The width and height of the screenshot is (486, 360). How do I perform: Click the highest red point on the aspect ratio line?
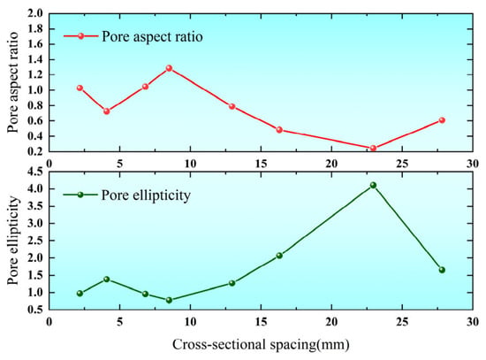pyautogui.click(x=169, y=68)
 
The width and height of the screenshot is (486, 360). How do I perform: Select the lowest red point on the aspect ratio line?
pyautogui.click(x=373, y=148)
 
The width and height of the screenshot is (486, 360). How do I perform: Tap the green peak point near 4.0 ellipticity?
pyautogui.click(x=373, y=185)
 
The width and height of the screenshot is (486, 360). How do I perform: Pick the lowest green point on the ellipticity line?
pyautogui.click(x=169, y=300)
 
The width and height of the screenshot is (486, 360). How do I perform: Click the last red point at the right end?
pyautogui.click(x=442, y=120)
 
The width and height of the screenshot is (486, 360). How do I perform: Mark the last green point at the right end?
pyautogui.click(x=442, y=270)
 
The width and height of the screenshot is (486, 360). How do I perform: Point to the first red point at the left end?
pyautogui.click(x=80, y=88)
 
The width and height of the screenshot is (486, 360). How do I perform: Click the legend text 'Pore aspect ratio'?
pyautogui.click(x=153, y=36)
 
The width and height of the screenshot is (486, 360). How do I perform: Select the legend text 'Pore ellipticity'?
pyautogui.click(x=146, y=195)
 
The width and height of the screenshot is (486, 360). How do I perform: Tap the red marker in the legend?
pyautogui.click(x=81, y=36)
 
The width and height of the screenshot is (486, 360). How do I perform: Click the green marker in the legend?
pyautogui.click(x=80, y=195)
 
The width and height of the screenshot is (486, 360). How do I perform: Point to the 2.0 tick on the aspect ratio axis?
pyautogui.click(x=35, y=13)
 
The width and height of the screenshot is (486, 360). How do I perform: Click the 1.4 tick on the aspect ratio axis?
pyautogui.click(x=35, y=59)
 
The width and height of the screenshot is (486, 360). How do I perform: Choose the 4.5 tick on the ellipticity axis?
pyautogui.click(x=35, y=172)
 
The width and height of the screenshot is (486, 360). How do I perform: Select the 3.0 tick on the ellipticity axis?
pyautogui.click(x=35, y=224)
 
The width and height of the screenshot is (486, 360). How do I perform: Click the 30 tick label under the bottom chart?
pyautogui.click(x=473, y=322)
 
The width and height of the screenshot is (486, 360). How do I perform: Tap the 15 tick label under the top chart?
pyautogui.click(x=261, y=164)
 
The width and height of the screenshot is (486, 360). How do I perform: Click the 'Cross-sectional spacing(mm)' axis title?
pyautogui.click(x=261, y=345)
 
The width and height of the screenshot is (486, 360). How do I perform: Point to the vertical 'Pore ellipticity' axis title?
pyautogui.click(x=13, y=241)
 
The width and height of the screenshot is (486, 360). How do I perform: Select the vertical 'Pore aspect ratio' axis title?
pyautogui.click(x=13, y=82)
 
